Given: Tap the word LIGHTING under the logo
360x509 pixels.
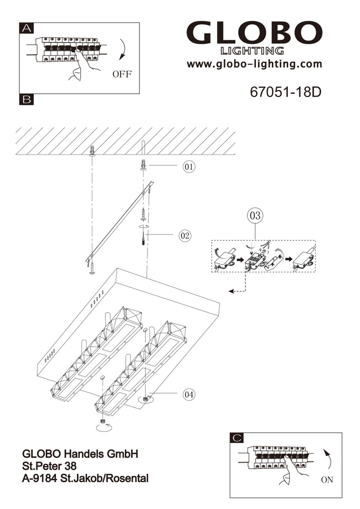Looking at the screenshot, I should [x=252, y=50].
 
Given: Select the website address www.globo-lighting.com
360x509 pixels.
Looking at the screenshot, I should [x=254, y=64].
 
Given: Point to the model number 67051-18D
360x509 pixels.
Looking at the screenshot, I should [x=286, y=93].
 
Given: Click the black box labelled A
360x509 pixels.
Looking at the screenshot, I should [x=26, y=29].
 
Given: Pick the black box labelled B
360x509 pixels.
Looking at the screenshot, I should [x=26, y=100].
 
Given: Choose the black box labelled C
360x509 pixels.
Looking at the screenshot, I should [x=237, y=438].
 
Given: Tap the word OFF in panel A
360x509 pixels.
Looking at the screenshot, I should [x=122, y=74].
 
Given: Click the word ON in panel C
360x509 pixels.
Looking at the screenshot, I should [x=327, y=479].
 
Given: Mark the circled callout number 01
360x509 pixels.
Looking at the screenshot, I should [x=189, y=166].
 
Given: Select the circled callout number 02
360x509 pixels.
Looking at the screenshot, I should [x=184, y=235].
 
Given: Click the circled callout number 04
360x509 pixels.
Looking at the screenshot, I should [x=189, y=394].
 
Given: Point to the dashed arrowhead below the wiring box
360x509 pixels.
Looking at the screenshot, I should [x=231, y=291].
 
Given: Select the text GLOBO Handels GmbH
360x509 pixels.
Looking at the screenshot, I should [x=80, y=454].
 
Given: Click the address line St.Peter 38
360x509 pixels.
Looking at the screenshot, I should [x=49, y=466].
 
